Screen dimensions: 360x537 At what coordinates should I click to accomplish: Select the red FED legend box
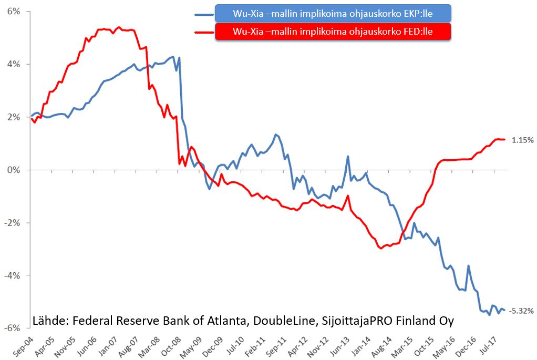[333, 32]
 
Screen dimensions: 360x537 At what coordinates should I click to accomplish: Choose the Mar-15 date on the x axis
[407, 345]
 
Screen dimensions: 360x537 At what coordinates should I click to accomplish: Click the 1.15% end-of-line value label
[523, 140]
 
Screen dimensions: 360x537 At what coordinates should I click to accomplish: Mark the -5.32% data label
[522, 311]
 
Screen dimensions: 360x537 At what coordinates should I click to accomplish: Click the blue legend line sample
[204, 14]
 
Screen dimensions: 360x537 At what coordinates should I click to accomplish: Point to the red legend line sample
[204, 32]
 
